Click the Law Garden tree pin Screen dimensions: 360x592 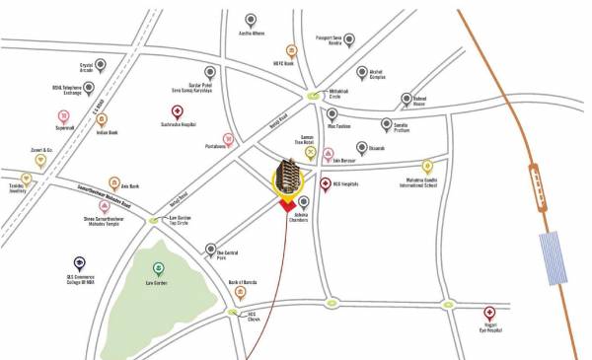click(x=159, y=268)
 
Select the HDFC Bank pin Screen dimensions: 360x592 click(x=292, y=51)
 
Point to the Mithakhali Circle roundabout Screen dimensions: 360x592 click(x=313, y=96)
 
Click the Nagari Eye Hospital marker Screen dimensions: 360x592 click(x=489, y=314)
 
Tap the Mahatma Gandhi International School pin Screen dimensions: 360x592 click(x=427, y=167)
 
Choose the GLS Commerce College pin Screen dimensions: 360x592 click(x=79, y=263)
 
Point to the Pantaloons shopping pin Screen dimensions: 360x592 click(x=229, y=139)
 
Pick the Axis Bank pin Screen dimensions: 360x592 click(x=115, y=183)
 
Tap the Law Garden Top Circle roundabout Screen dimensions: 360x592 click(x=153, y=221)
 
